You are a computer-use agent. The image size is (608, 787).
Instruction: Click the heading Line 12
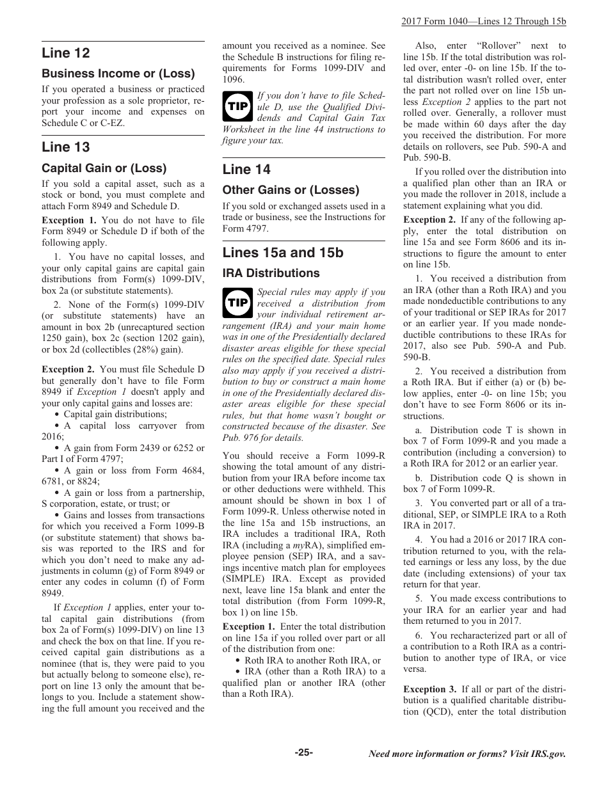[66, 53]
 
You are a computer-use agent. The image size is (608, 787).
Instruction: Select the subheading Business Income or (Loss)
[118, 74]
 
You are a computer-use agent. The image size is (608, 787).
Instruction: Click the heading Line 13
[66, 147]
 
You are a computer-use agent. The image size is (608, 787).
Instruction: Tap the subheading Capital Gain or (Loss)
[104, 168]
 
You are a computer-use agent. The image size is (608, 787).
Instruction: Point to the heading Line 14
[246, 170]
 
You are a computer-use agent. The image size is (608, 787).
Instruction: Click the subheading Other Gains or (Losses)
[291, 190]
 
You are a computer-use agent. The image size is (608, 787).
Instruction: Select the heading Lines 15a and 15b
[283, 253]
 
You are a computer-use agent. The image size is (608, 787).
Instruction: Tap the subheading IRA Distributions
[271, 273]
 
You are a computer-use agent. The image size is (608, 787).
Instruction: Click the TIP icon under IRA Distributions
[237, 303]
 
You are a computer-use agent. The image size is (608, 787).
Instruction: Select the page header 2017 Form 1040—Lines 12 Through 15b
[484, 21]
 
